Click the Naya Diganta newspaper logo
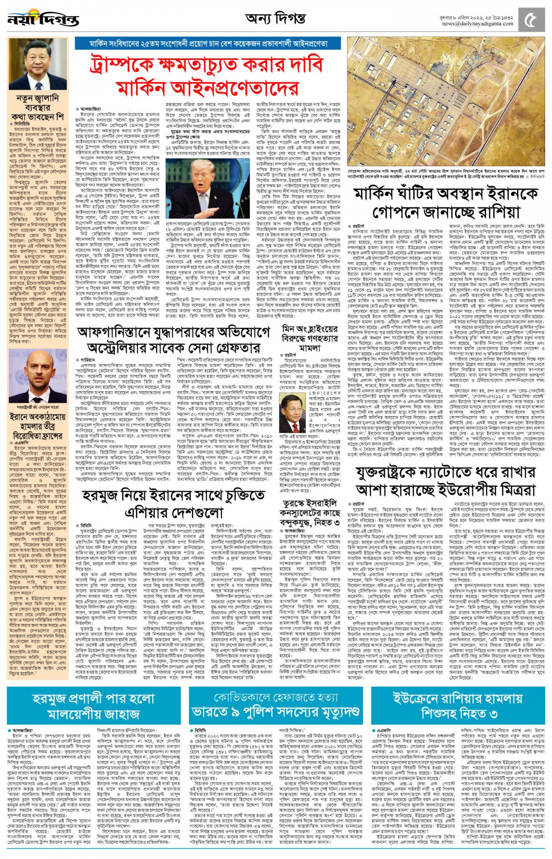tap(43, 20)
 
